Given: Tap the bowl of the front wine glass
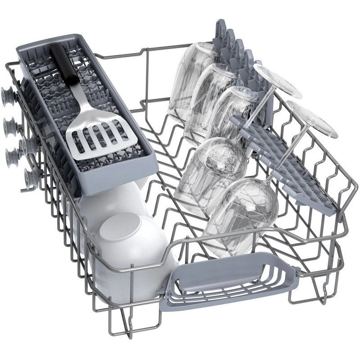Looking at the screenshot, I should (245, 211).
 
